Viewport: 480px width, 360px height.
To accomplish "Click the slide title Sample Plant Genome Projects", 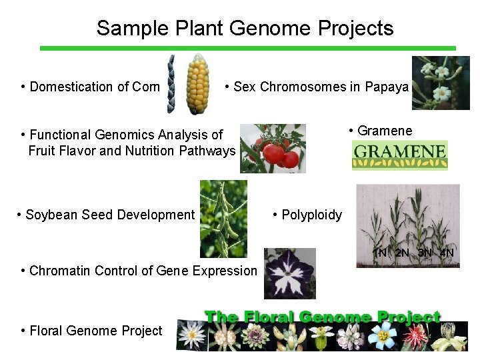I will (245, 28).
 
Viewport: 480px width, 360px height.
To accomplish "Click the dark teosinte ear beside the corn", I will (171, 84).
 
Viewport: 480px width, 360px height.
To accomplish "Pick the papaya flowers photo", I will (441, 83).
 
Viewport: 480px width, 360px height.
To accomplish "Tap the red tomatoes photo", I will (273, 148).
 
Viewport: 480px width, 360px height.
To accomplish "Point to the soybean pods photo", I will (223, 218).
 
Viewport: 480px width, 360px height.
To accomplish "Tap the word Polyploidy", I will (311, 215).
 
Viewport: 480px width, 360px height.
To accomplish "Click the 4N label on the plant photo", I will (447, 253).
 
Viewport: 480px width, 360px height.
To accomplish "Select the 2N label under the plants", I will (402, 253).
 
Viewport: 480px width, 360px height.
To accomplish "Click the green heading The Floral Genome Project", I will (322, 317).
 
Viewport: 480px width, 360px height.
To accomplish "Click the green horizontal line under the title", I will (247, 48).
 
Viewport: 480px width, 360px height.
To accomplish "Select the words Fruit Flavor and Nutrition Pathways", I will (132, 151).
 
